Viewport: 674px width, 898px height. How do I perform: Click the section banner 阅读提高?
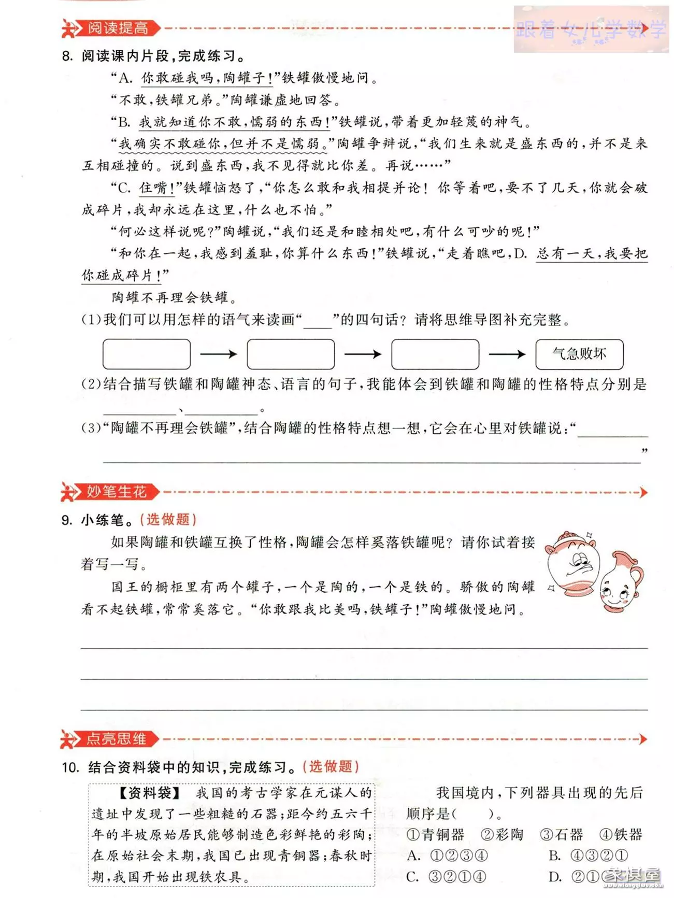pos(117,28)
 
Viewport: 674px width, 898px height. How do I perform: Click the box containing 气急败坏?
pos(579,354)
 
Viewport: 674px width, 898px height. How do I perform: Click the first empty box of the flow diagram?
pos(147,354)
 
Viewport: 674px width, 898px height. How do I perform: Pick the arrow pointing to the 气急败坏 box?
pos(507,354)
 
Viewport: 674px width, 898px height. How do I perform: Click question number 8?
pos(67,56)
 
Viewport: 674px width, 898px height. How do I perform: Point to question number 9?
pos(66,520)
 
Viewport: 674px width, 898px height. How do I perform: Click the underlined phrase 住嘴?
pos(157,188)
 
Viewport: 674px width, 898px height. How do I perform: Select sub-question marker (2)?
pos(91,384)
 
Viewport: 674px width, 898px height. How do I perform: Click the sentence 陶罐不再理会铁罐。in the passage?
pos(175,297)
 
